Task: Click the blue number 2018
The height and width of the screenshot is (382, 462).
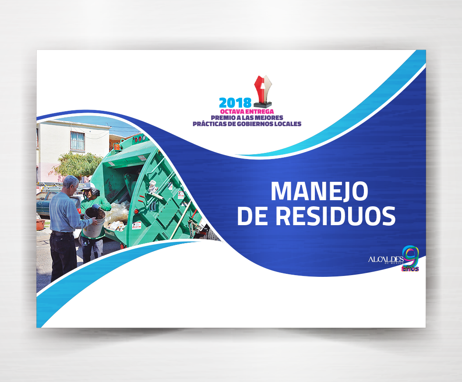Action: pyautogui.click(x=235, y=103)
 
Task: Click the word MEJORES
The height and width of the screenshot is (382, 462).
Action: pyautogui.click(x=269, y=118)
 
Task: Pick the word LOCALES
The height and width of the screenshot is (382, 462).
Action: pyautogui.click(x=288, y=124)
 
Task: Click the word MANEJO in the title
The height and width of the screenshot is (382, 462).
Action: pyautogui.click(x=319, y=191)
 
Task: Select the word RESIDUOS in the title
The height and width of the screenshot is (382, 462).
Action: pyautogui.click(x=335, y=216)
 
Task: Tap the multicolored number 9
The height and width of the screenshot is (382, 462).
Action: pyautogui.click(x=411, y=255)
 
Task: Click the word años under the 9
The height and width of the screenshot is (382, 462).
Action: pyautogui.click(x=410, y=269)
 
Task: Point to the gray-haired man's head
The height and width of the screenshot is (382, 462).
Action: pyautogui.click(x=71, y=184)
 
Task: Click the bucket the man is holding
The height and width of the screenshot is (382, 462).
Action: pyautogui.click(x=93, y=222)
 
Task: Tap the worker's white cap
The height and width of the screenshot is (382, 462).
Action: pyautogui.click(x=88, y=187)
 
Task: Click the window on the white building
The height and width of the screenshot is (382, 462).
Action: pyautogui.click(x=78, y=141)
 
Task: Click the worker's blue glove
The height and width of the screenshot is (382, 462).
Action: pyautogui.click(x=96, y=207)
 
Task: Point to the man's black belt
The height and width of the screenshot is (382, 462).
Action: pyautogui.click(x=62, y=233)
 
